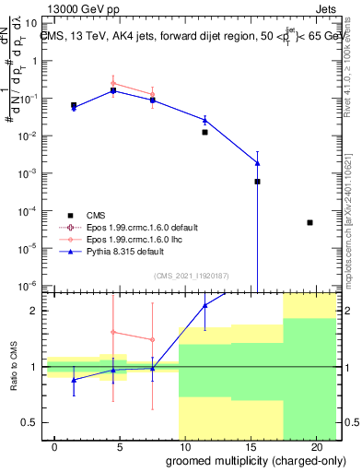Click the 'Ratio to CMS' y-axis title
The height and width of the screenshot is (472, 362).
[x=14, y=367]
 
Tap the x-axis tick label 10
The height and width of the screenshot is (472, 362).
[x=186, y=446]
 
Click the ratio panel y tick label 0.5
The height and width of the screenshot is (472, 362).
[x=29, y=423]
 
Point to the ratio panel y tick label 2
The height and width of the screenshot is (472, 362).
[x=33, y=311]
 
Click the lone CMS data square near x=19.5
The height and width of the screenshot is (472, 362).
[x=309, y=222]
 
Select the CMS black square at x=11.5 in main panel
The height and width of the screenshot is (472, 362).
[x=204, y=132]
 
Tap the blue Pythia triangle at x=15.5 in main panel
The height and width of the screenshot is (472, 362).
[x=258, y=163]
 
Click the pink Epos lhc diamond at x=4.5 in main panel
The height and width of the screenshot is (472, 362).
[x=113, y=84]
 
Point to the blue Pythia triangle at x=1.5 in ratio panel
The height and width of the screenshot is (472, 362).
[x=74, y=379]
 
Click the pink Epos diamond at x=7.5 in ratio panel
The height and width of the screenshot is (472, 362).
[x=152, y=339]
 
